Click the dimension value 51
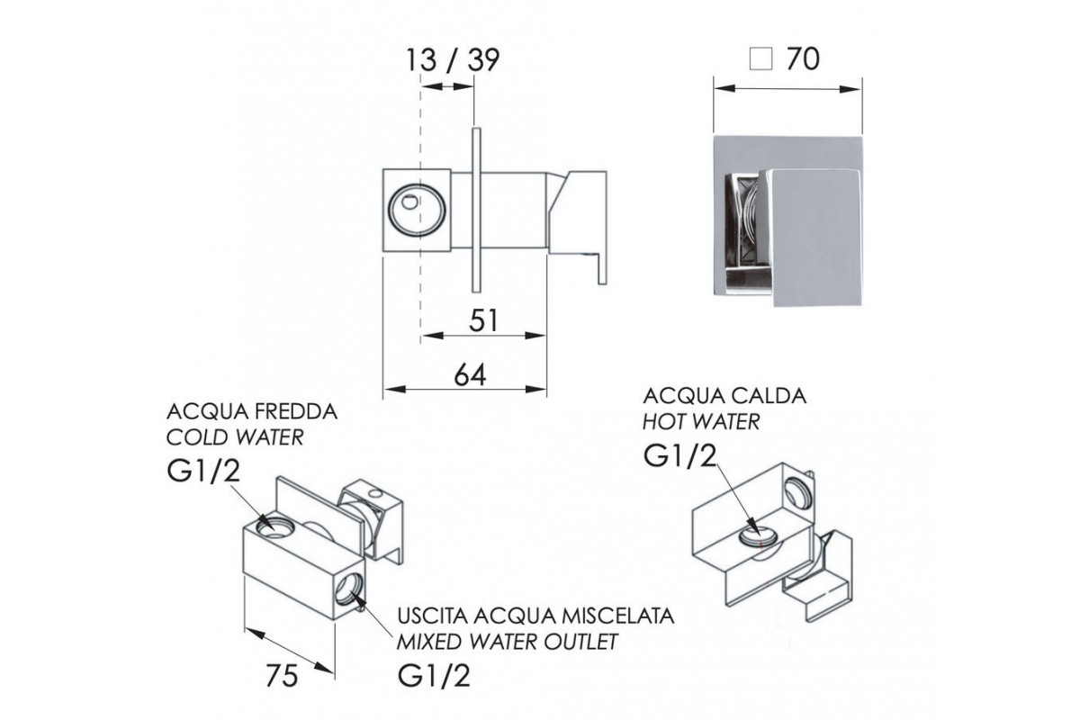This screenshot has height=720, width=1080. coord(483,320)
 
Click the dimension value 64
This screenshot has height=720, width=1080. coord(470,374)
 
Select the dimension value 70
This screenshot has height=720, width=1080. coord(803,58)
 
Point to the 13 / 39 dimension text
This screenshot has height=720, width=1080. coord(452,60)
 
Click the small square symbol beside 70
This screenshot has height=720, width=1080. coord(760,59)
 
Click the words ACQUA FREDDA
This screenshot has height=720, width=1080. coord(252,412)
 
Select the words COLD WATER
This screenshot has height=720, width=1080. coord(235,437)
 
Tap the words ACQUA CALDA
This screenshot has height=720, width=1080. coord(724,395)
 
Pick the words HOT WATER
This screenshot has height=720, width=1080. coord(701,421)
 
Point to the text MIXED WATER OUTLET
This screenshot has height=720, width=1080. coord(508,642)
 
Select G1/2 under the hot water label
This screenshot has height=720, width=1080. coord(679,455)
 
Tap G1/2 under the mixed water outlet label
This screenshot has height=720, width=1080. coord(434,676)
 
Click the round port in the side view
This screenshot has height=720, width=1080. coord(417,211)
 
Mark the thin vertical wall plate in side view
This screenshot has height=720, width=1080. coord(476,210)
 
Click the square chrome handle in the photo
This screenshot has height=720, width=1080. coord(811,238)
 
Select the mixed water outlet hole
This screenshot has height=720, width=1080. coord(349,589)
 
